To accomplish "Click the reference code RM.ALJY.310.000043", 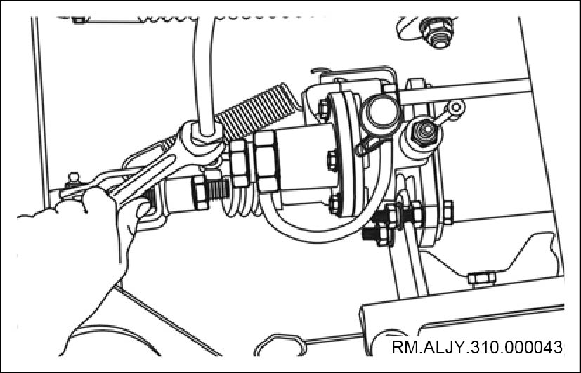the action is coord(476,348).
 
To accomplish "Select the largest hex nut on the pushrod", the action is coord(268,162).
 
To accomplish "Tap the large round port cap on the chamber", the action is coord(380,112).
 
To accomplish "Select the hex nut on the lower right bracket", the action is coord(482,277).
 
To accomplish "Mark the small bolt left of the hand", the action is coord(74,179).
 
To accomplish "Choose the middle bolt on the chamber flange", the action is coord(332,160).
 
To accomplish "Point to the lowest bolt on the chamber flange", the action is coord(335,204).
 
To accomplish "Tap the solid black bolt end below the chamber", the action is coord(371,233).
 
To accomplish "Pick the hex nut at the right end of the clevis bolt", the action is coord(448,213).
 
